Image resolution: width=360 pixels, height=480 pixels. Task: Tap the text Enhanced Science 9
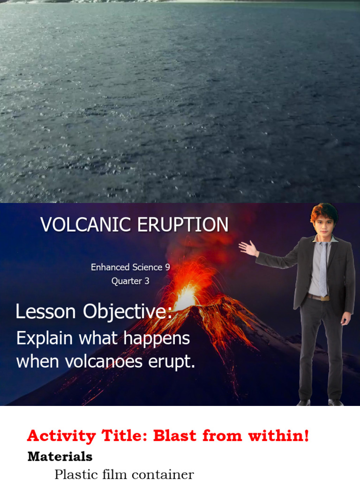130,267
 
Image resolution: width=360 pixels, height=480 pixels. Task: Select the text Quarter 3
130,281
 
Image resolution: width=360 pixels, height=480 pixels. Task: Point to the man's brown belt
319,297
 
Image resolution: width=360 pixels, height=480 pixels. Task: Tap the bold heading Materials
60,456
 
